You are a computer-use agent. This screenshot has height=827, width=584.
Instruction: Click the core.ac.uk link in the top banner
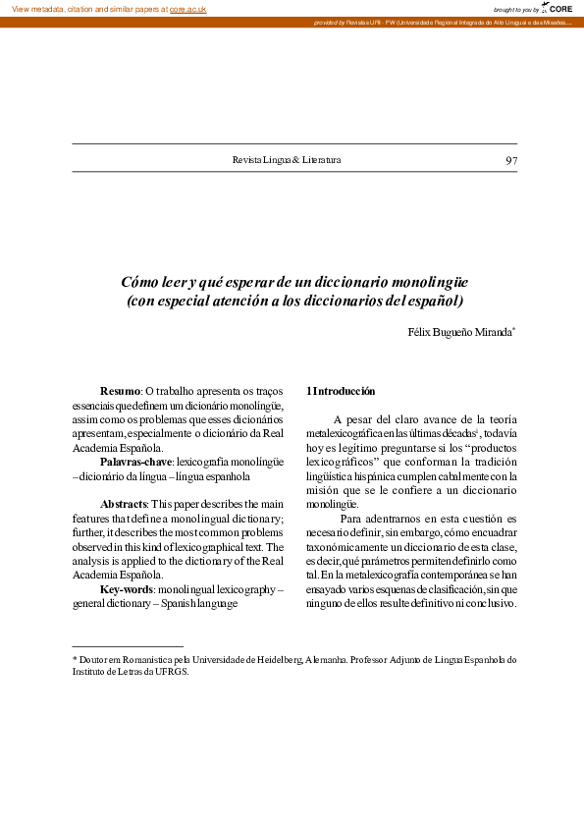[x=187, y=9]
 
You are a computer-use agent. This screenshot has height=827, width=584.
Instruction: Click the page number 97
[x=510, y=160]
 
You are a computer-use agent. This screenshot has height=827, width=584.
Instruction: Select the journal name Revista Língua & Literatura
[x=287, y=160]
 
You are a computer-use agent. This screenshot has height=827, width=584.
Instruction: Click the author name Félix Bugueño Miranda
[x=460, y=332]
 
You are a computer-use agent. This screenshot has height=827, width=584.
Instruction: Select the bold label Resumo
[x=121, y=392]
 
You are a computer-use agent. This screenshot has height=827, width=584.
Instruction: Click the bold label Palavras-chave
[x=136, y=461]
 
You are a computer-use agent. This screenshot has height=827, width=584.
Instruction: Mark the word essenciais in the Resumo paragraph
[x=96, y=406]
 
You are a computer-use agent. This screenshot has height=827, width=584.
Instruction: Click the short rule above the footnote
[x=128, y=646]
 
